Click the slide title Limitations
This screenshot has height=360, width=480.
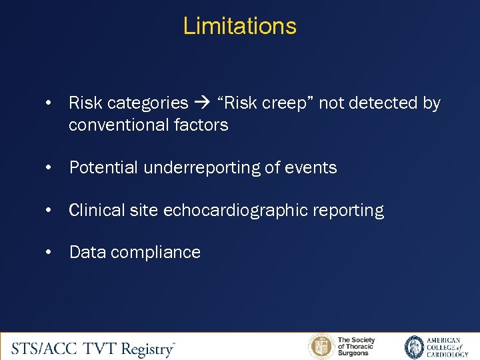tap(239, 26)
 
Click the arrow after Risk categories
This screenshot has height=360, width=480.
tap(203, 103)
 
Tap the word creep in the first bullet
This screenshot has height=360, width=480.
tap(273, 103)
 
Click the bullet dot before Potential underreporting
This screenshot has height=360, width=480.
tap(49, 168)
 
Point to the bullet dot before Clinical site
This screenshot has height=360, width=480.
tap(49, 211)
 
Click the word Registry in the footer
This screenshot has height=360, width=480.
tap(146, 347)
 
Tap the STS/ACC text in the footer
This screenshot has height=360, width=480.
tap(47, 347)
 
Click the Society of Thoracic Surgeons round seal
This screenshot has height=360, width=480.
tap(321, 347)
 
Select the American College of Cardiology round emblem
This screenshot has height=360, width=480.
tap(415, 347)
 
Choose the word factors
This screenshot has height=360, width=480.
tap(200, 125)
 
